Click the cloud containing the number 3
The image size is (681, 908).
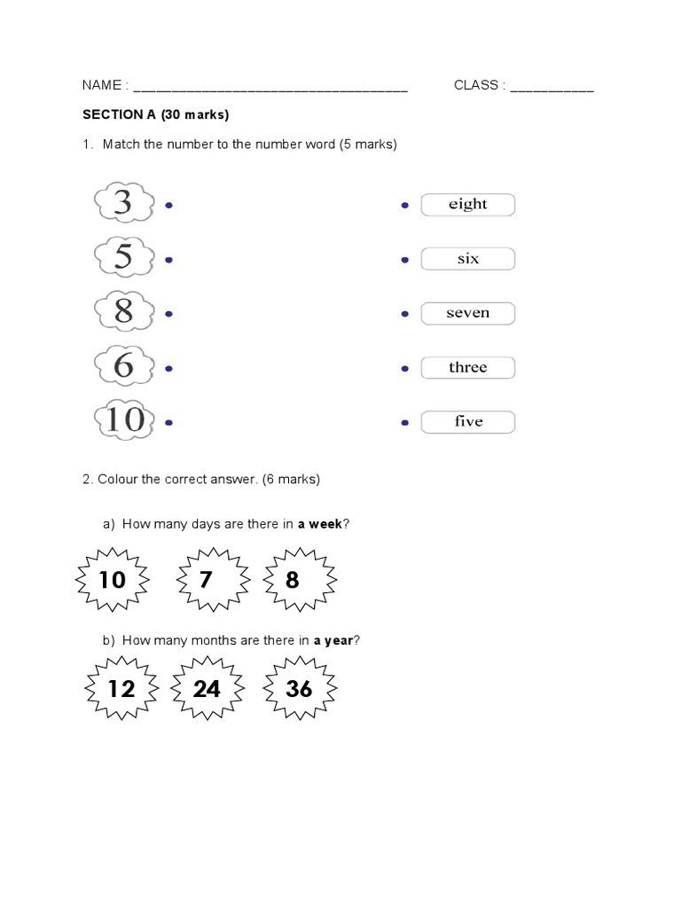tap(123, 204)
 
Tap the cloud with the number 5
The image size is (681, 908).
tap(123, 258)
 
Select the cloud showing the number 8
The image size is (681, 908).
tap(123, 312)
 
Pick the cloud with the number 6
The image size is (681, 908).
tap(123, 366)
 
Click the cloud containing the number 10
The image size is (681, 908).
tap(124, 419)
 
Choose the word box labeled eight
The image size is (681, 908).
tap(467, 205)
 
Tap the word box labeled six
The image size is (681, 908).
tap(467, 259)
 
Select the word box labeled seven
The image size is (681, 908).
tap(467, 313)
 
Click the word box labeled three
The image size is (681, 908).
tap(467, 367)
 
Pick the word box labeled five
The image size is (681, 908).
tap(467, 421)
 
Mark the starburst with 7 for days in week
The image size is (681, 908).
tap(207, 580)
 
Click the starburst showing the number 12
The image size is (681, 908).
tap(121, 688)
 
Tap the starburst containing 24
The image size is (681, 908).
tap(207, 688)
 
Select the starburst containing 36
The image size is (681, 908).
tap(300, 688)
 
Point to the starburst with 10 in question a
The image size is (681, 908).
tap(113, 580)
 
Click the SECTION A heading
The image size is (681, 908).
tap(155, 114)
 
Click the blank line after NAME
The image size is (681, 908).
tap(270, 87)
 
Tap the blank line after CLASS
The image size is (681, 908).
tap(552, 87)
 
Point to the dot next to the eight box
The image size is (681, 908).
tap(405, 206)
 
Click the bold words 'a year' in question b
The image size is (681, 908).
tap(333, 640)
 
